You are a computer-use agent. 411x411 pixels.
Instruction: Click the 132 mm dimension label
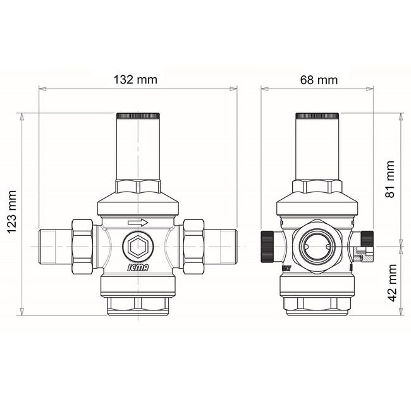(135, 80)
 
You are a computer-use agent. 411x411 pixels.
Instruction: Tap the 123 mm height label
(11, 214)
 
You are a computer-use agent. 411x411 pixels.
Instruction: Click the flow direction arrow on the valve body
(137, 223)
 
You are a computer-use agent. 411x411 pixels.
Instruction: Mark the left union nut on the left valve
(83, 245)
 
